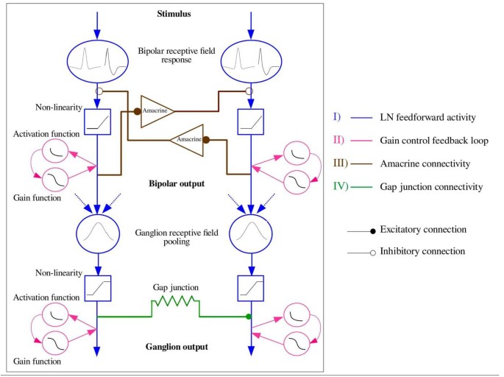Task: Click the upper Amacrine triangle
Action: [x=157, y=110]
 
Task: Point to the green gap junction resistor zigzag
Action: [x=174, y=302]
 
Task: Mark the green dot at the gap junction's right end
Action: [x=249, y=317]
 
